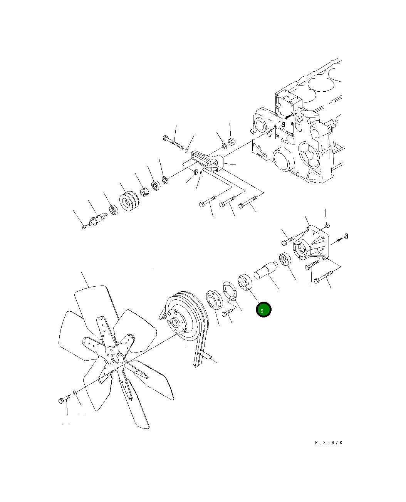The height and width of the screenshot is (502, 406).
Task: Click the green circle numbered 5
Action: [x=263, y=309]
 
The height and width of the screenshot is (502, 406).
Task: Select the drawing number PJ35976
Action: [x=329, y=443]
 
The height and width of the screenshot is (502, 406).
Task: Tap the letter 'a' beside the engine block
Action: [x=284, y=124]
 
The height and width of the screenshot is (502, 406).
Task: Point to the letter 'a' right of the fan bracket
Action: [x=346, y=235]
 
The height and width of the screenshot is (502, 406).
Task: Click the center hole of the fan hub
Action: [x=115, y=358]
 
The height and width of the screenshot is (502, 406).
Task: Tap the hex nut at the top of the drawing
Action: [x=231, y=142]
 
